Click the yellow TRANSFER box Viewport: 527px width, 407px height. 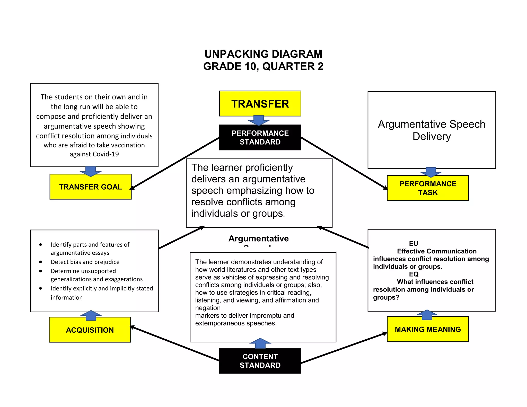[x=260, y=104]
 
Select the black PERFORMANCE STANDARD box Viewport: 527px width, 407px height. [x=260, y=138]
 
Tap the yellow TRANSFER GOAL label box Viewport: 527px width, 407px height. [x=90, y=187]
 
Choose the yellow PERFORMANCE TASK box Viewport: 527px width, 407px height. [x=428, y=188]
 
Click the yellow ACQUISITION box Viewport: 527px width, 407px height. [x=90, y=330]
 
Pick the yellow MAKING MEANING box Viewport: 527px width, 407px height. [x=428, y=329]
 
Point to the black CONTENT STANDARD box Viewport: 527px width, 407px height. [x=260, y=361]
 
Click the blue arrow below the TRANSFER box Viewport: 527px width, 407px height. [x=259, y=120]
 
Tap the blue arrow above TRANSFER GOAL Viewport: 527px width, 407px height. [x=91, y=171]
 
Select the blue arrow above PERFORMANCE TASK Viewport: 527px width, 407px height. [x=431, y=172]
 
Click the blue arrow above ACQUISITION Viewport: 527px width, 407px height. [x=91, y=315]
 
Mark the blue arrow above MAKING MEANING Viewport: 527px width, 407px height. [x=427, y=315]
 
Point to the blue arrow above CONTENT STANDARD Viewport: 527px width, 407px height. [x=260, y=343]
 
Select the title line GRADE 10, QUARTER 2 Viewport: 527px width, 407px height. [x=263, y=66]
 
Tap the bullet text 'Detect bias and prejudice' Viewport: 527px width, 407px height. [x=85, y=262]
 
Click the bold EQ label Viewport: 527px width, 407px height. [x=414, y=274]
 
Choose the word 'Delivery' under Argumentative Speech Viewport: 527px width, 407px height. [x=432, y=136]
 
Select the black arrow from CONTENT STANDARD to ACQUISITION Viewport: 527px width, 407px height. [x=175, y=344]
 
